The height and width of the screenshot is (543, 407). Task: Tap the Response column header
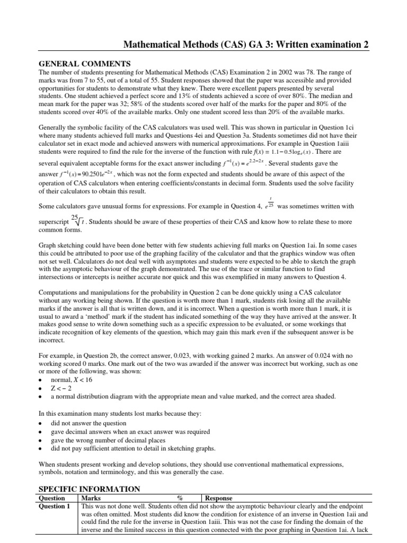[219, 498]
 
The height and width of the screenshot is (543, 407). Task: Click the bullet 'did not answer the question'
[89, 423]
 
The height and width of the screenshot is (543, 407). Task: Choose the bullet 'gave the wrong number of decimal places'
[112, 440]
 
